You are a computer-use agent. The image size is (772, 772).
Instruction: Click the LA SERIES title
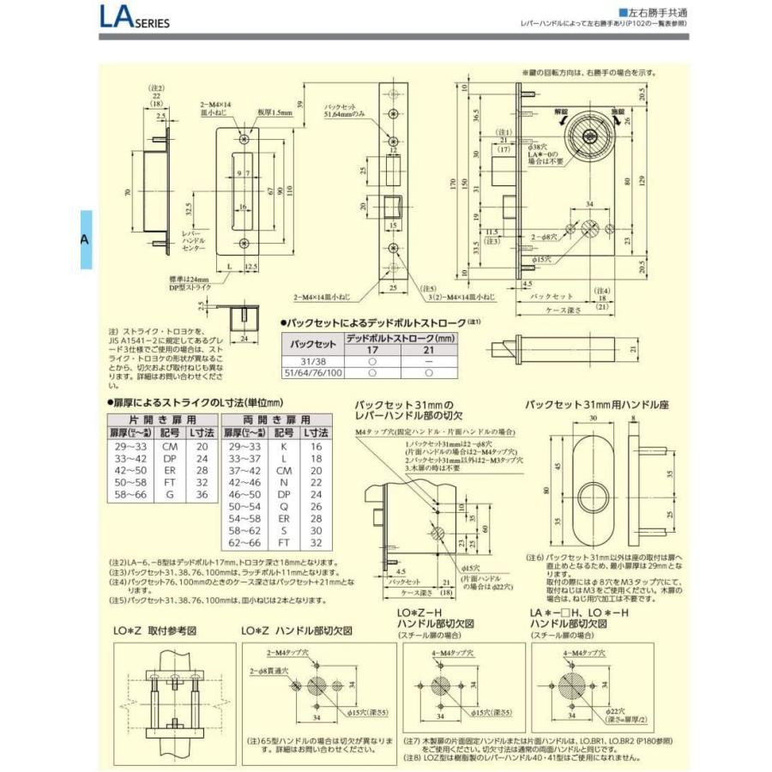coord(130,19)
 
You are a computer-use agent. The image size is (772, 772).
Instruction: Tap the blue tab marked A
coord(85,239)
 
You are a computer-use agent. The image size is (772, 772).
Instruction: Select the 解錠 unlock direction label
coord(560,112)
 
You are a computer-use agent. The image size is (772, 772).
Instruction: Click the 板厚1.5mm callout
coord(277,112)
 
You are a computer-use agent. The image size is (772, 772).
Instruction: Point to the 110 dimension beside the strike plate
coord(289,190)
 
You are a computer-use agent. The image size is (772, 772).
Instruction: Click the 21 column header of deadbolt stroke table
coord(429,350)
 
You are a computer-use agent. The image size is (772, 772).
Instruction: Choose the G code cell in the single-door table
coord(170,495)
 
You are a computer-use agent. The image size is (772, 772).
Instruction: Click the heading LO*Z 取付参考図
coord(155,630)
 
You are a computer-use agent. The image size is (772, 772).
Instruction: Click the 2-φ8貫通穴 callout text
coord(269,669)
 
